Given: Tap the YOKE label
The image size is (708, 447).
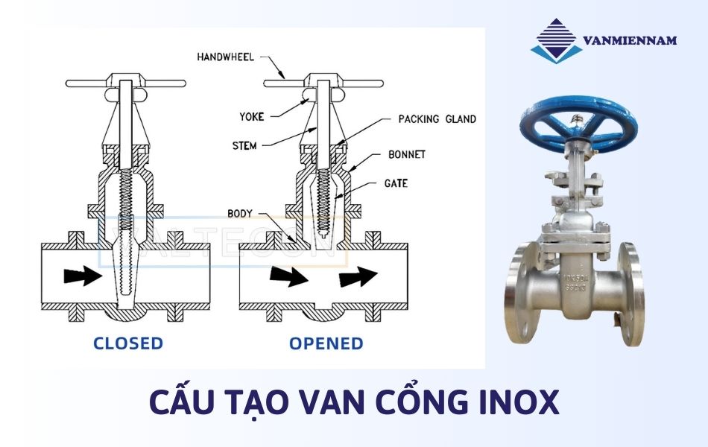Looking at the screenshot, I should [x=252, y=116].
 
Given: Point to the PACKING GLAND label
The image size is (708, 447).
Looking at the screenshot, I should [x=437, y=119].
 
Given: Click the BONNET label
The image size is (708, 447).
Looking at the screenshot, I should [x=407, y=154].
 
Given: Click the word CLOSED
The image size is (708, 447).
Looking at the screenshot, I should [x=127, y=343].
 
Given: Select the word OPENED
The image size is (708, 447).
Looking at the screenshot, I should [x=326, y=343].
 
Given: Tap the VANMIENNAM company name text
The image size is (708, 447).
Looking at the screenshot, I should [x=630, y=40].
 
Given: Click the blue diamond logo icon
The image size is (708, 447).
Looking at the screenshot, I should [x=555, y=39].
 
